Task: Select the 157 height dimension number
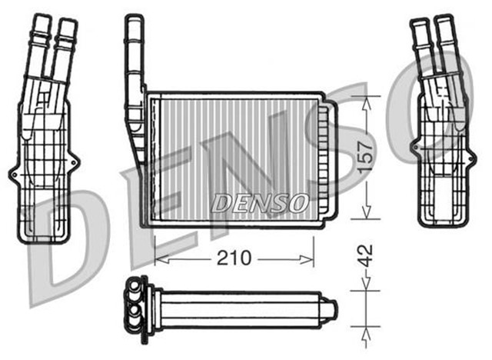click(371, 158)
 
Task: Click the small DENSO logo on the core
click(259, 202)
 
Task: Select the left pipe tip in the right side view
click(421, 23)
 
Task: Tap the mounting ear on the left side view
click(12, 176)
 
